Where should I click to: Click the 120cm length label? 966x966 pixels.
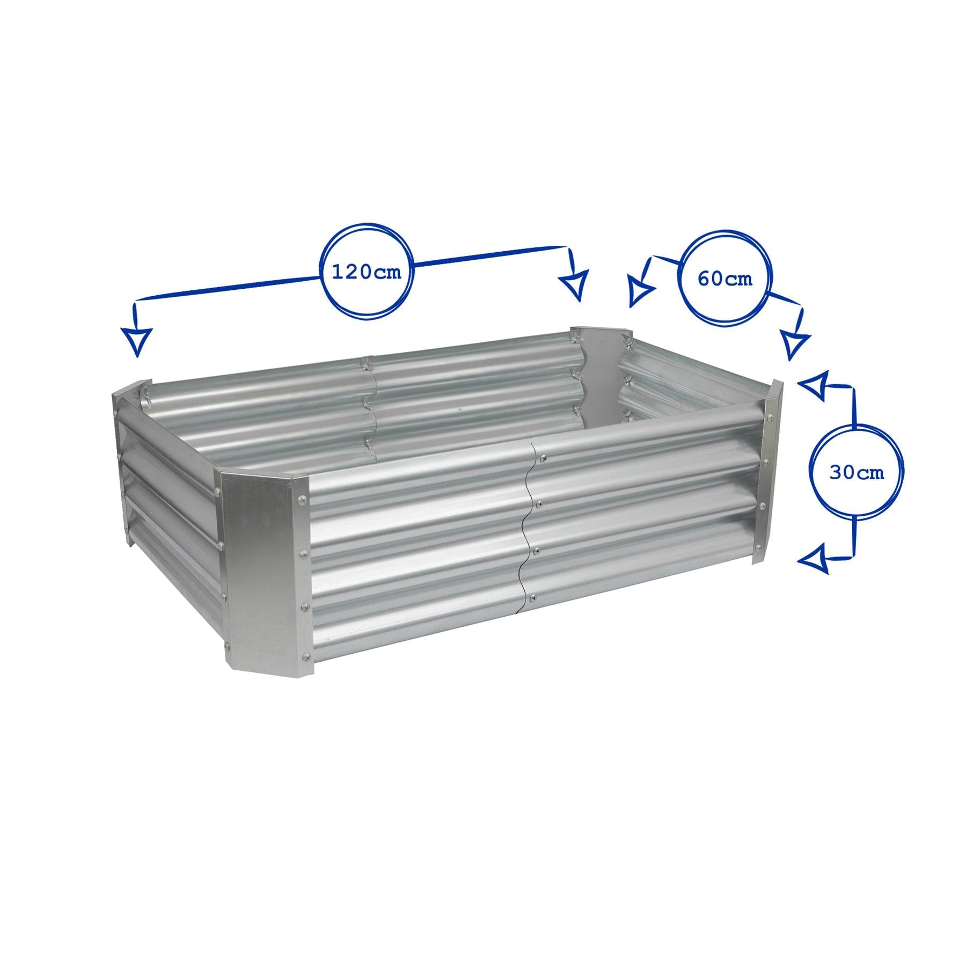(x=367, y=272)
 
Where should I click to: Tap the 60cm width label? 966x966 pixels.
(x=724, y=279)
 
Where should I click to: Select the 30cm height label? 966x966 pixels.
(x=857, y=473)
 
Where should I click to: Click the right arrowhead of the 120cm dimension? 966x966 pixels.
(x=574, y=285)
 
